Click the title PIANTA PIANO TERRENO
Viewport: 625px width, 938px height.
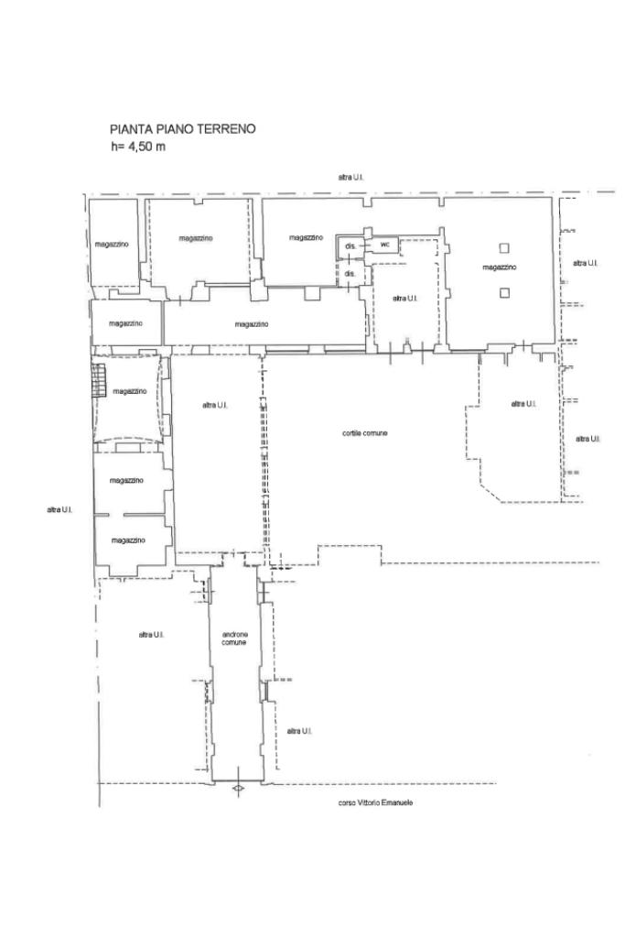[182, 128]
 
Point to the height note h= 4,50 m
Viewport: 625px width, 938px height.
[137, 147]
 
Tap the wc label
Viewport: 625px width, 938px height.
[385, 245]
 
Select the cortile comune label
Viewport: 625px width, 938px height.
[364, 433]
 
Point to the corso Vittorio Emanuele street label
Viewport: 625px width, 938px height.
[375, 802]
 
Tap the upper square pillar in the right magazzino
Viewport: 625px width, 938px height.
[505, 247]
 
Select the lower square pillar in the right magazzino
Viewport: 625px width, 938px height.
[505, 292]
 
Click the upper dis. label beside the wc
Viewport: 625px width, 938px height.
[350, 245]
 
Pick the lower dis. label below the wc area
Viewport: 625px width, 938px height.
[350, 273]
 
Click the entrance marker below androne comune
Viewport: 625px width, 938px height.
[238, 789]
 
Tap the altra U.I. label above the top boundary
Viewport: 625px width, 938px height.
[350, 177]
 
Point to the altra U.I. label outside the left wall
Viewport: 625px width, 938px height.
[59, 509]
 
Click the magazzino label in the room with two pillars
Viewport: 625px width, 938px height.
[500, 267]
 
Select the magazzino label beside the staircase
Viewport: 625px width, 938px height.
[130, 391]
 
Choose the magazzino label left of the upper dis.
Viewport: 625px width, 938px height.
[306, 237]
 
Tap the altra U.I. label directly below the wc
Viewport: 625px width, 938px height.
[404, 298]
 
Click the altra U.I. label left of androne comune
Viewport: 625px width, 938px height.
[151, 634]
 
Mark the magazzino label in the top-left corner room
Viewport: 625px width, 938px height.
[111, 244]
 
